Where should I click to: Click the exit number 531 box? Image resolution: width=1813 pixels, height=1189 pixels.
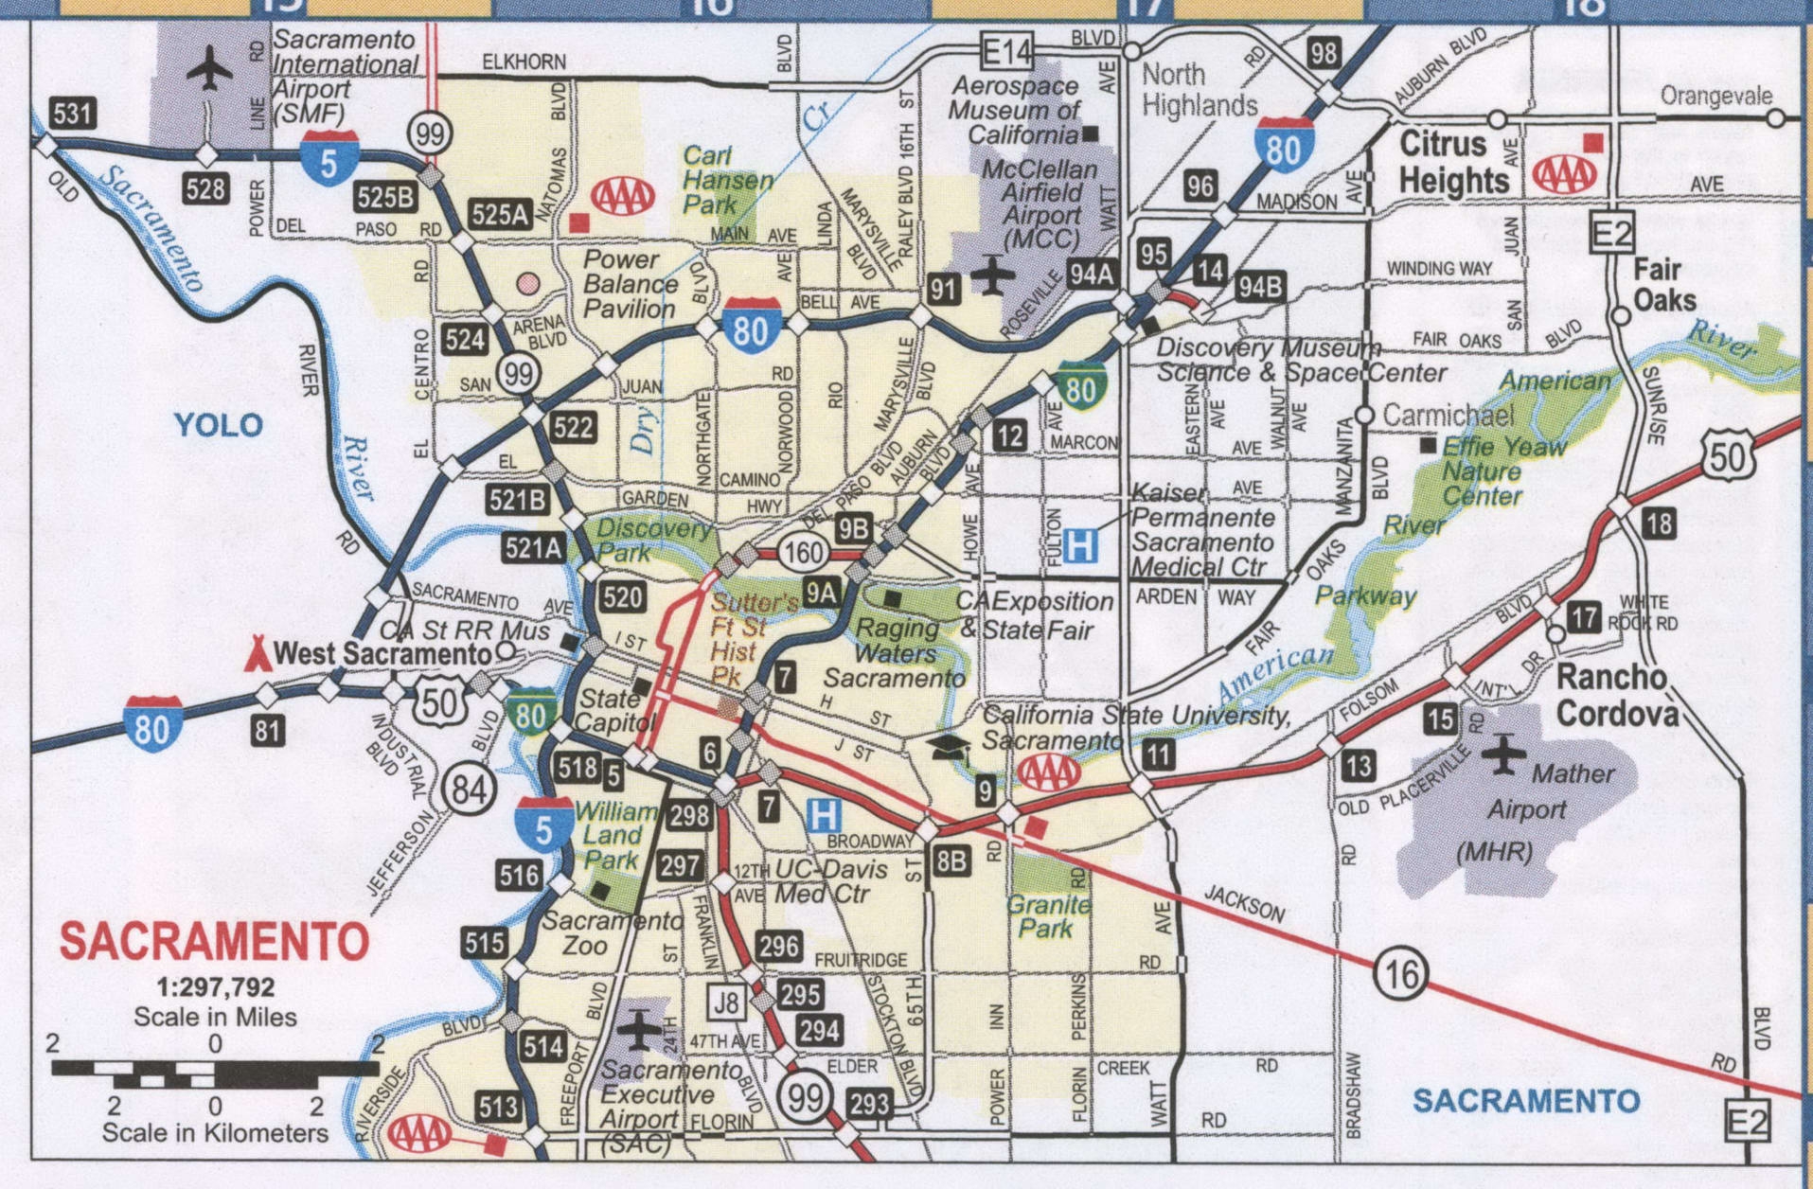click(73, 115)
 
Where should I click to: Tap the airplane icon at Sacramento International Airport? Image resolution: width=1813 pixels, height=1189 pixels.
click(209, 70)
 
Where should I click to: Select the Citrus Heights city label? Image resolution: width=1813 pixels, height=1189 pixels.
click(1453, 162)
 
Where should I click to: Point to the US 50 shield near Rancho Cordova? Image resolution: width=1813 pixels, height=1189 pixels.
click(1727, 458)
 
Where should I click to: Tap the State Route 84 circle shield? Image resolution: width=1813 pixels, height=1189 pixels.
click(468, 789)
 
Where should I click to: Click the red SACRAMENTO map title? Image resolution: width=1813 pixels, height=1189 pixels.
click(214, 941)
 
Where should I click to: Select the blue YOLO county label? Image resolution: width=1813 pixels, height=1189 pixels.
click(219, 425)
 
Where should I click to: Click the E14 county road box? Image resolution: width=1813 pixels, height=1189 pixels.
click(1006, 51)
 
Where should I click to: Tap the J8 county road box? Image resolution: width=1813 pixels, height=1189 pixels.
click(726, 1003)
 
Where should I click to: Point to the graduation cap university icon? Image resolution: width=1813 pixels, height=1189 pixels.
click(949, 749)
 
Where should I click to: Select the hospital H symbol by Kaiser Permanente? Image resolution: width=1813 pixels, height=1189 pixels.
click(1080, 545)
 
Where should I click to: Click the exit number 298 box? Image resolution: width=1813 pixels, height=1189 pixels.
click(689, 815)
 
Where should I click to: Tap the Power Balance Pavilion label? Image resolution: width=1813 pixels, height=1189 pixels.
click(630, 284)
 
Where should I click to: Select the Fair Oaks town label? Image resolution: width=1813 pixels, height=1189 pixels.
click(1663, 285)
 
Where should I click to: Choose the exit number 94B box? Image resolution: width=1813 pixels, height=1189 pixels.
click(1260, 286)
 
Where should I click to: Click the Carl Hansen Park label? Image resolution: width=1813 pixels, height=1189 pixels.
click(724, 179)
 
